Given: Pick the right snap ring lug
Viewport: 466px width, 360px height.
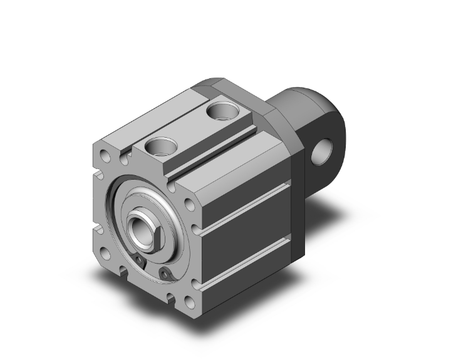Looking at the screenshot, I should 165,273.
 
